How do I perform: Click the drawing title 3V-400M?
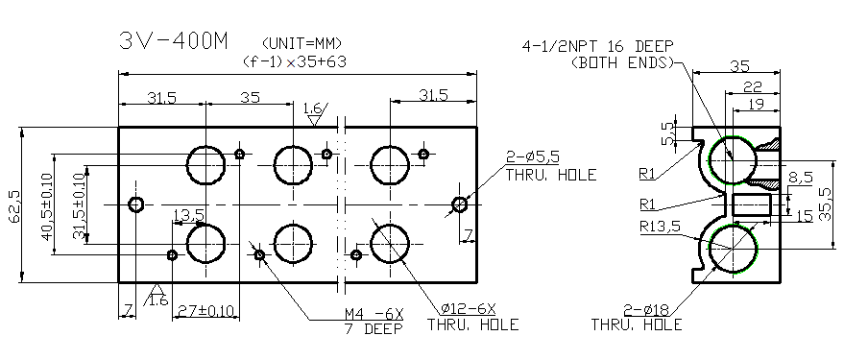point(173,41)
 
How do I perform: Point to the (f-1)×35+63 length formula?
point(294,60)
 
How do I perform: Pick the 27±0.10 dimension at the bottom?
point(205,310)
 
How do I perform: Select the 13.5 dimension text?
point(187,214)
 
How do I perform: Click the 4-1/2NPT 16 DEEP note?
point(597,46)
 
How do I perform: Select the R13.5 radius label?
point(662,227)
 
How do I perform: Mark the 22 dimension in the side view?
point(754,86)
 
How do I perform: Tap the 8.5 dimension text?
point(801,177)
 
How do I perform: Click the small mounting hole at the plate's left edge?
point(136,204)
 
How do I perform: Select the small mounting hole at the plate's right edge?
point(460,204)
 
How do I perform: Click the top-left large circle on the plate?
point(205,164)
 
